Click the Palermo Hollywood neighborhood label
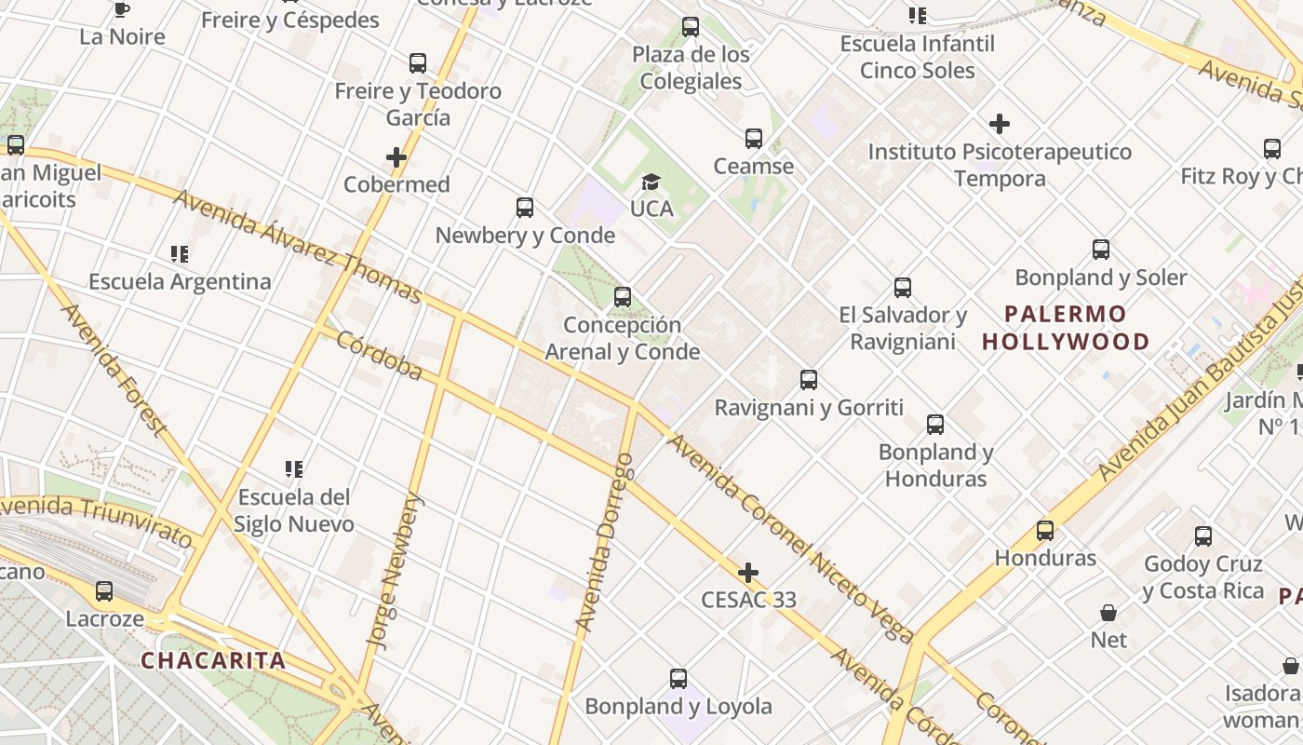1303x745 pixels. tap(1066, 327)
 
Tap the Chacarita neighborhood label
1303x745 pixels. tap(213, 661)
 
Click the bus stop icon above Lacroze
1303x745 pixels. tap(104, 591)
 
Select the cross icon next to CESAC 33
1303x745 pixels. tap(747, 572)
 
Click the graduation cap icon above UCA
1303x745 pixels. tap(651, 182)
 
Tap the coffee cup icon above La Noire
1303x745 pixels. tap(121, 10)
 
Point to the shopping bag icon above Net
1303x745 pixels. tap(1108, 613)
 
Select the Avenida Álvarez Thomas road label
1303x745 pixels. tap(298, 247)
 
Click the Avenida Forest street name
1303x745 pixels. tap(113, 370)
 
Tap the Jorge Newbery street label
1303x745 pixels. tap(396, 570)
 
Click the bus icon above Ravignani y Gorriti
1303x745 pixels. tap(809, 380)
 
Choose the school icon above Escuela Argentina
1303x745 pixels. tap(180, 254)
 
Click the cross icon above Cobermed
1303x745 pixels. tap(396, 157)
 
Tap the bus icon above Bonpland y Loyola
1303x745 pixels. tap(678, 679)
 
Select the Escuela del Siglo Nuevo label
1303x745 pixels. tap(294, 510)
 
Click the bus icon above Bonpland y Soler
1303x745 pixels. tap(1101, 250)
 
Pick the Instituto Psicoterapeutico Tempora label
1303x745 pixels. tap(1000, 165)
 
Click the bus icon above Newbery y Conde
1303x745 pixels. tap(525, 208)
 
